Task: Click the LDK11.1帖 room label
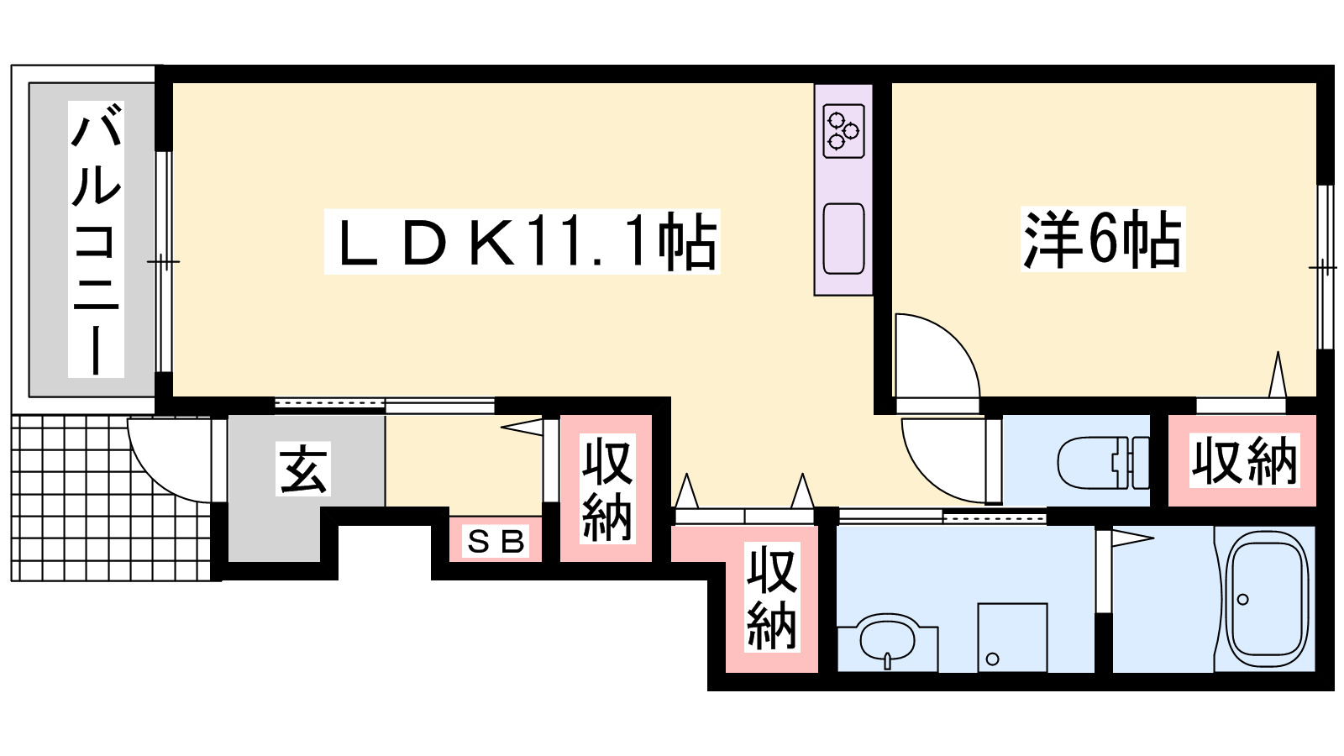click(x=522, y=242)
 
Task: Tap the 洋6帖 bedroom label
click(x=1103, y=239)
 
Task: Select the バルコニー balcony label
click(x=96, y=239)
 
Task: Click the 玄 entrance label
click(x=303, y=469)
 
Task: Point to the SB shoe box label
click(x=496, y=542)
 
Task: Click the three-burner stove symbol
click(x=843, y=131)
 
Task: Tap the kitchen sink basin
click(x=843, y=239)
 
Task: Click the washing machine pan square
click(x=1012, y=638)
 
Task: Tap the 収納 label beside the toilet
click(x=1244, y=461)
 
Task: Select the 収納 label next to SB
click(x=607, y=489)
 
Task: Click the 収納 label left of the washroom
click(x=772, y=597)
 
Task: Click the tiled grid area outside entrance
click(x=111, y=498)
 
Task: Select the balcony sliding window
click(x=163, y=261)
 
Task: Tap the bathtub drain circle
click(x=1242, y=600)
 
